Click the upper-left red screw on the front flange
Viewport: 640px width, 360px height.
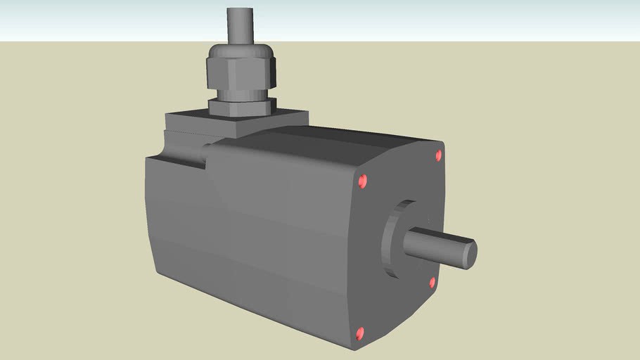(x=363, y=181)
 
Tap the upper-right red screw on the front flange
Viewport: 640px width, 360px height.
(x=439, y=155)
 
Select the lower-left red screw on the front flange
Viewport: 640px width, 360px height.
(x=361, y=333)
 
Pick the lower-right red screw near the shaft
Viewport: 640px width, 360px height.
(x=433, y=283)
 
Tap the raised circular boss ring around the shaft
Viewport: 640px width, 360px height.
(x=392, y=239)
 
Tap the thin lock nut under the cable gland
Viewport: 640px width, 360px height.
(x=239, y=108)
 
